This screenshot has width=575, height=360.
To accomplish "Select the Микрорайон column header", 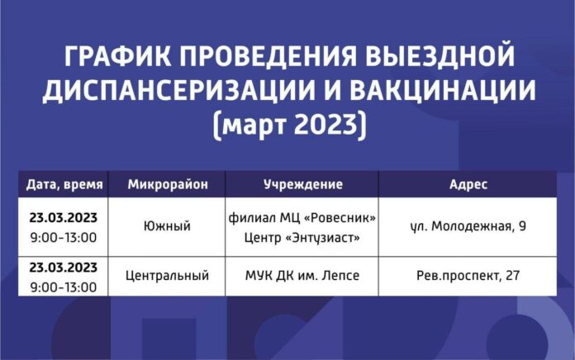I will [x=167, y=183].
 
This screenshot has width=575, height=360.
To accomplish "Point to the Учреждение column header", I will [x=302, y=183].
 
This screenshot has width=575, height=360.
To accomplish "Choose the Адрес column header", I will [x=471, y=183].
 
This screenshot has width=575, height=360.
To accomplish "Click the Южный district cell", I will [x=167, y=225].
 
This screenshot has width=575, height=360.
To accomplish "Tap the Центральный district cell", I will [x=167, y=275].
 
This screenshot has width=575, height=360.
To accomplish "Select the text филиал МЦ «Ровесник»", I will [x=302, y=217].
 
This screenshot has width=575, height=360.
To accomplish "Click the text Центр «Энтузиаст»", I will [x=302, y=235].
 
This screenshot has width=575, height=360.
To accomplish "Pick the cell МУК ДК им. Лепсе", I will [x=302, y=275].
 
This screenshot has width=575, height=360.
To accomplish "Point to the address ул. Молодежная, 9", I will [x=470, y=225].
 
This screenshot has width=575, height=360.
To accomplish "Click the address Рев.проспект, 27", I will [x=470, y=275].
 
